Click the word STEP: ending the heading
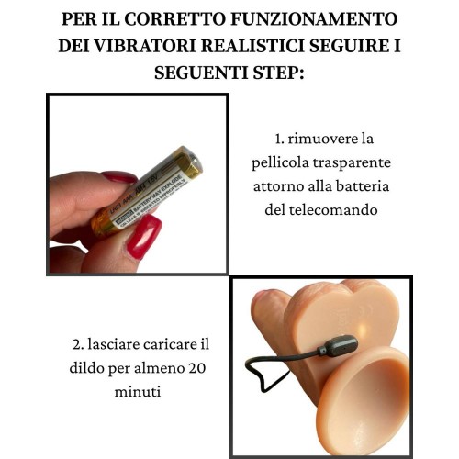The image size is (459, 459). (x=279, y=72)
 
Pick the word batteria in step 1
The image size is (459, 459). (x=361, y=187)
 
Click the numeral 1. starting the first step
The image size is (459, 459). (x=280, y=140)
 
